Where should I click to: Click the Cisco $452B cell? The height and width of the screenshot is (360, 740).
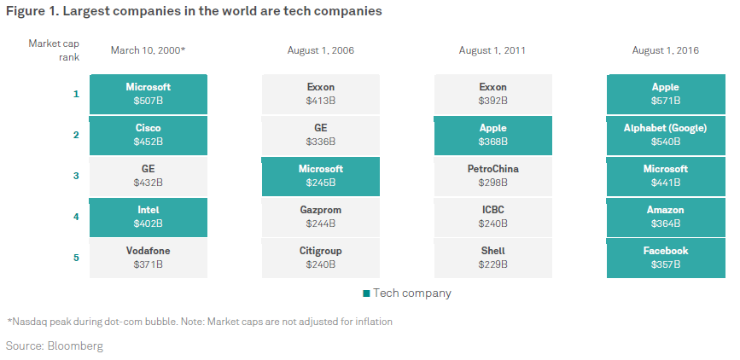point(149,135)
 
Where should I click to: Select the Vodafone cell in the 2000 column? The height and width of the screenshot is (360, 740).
point(149,258)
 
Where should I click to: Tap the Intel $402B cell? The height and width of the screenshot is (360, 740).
point(149,217)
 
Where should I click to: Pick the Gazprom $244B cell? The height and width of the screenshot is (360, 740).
point(321,217)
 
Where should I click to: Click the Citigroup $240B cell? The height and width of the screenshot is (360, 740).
point(321,258)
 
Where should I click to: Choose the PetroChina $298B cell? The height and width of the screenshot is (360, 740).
point(493,176)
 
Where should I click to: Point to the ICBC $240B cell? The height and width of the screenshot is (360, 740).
point(493,217)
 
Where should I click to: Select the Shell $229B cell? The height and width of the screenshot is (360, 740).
point(493,258)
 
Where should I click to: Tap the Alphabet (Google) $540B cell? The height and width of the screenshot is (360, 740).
point(666,135)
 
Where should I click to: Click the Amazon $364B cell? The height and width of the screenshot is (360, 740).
point(666,217)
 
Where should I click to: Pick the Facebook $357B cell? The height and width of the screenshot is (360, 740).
point(666,258)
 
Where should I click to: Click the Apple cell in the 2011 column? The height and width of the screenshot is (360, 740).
point(493,135)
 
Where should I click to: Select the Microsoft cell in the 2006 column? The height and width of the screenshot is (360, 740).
point(321,176)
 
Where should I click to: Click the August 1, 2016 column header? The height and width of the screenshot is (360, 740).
point(666,50)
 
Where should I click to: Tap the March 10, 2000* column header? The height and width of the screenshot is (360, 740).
point(149,50)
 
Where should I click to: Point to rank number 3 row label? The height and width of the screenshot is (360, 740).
point(76,176)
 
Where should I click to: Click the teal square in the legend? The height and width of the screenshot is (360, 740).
point(366,293)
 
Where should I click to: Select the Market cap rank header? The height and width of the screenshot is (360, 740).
point(55,50)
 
